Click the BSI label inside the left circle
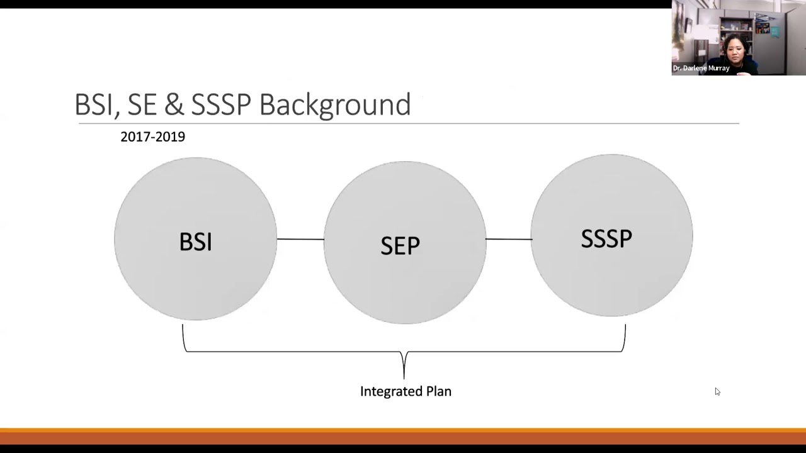click(x=195, y=242)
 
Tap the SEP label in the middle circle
click(x=400, y=245)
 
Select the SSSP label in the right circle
click(x=606, y=239)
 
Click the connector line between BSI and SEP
click(x=300, y=239)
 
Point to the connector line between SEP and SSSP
click(x=508, y=239)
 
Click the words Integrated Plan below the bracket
click(x=406, y=391)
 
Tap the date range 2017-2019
click(x=152, y=137)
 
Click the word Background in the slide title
click(x=334, y=104)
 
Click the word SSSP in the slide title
click(x=220, y=104)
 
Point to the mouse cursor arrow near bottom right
click(x=717, y=392)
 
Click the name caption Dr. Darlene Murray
click(x=701, y=68)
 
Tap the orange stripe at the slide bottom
click(x=403, y=432)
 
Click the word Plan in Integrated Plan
click(x=438, y=391)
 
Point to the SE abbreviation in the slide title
click(x=142, y=104)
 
